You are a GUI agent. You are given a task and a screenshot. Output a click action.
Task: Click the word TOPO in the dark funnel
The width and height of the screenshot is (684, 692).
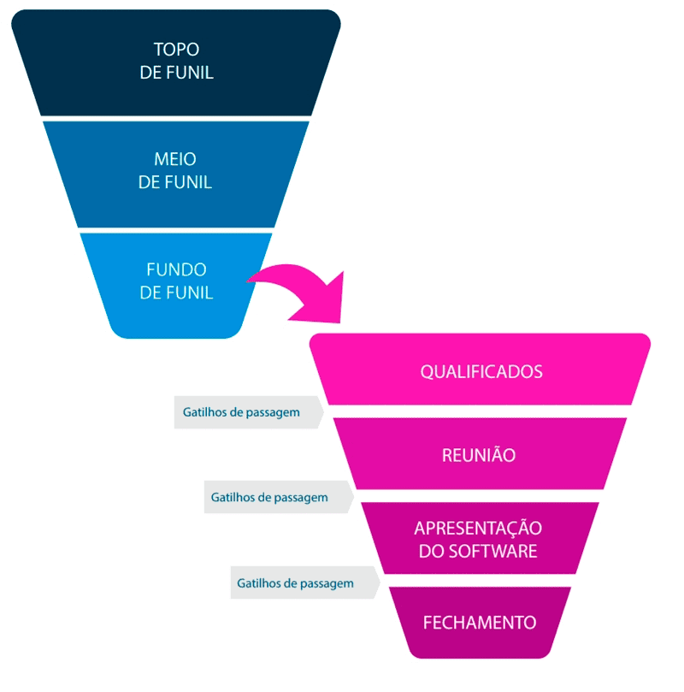tap(176, 49)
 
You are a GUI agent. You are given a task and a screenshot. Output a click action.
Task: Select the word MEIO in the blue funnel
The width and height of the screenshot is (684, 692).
tap(176, 159)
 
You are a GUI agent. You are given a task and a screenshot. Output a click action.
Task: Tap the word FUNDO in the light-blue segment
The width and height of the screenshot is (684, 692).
tap(176, 269)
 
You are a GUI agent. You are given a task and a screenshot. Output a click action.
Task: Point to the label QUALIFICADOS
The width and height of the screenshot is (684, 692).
tap(481, 372)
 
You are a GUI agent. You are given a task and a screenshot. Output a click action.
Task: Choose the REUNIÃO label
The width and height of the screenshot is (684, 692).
tap(479, 455)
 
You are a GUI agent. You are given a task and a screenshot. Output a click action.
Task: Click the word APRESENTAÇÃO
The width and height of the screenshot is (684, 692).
tap(478, 528)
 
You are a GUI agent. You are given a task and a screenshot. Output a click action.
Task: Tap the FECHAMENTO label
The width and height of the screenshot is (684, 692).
tap(480, 623)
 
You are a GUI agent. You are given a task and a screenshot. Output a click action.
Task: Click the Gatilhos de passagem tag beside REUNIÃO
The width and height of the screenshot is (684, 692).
tap(241, 412)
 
